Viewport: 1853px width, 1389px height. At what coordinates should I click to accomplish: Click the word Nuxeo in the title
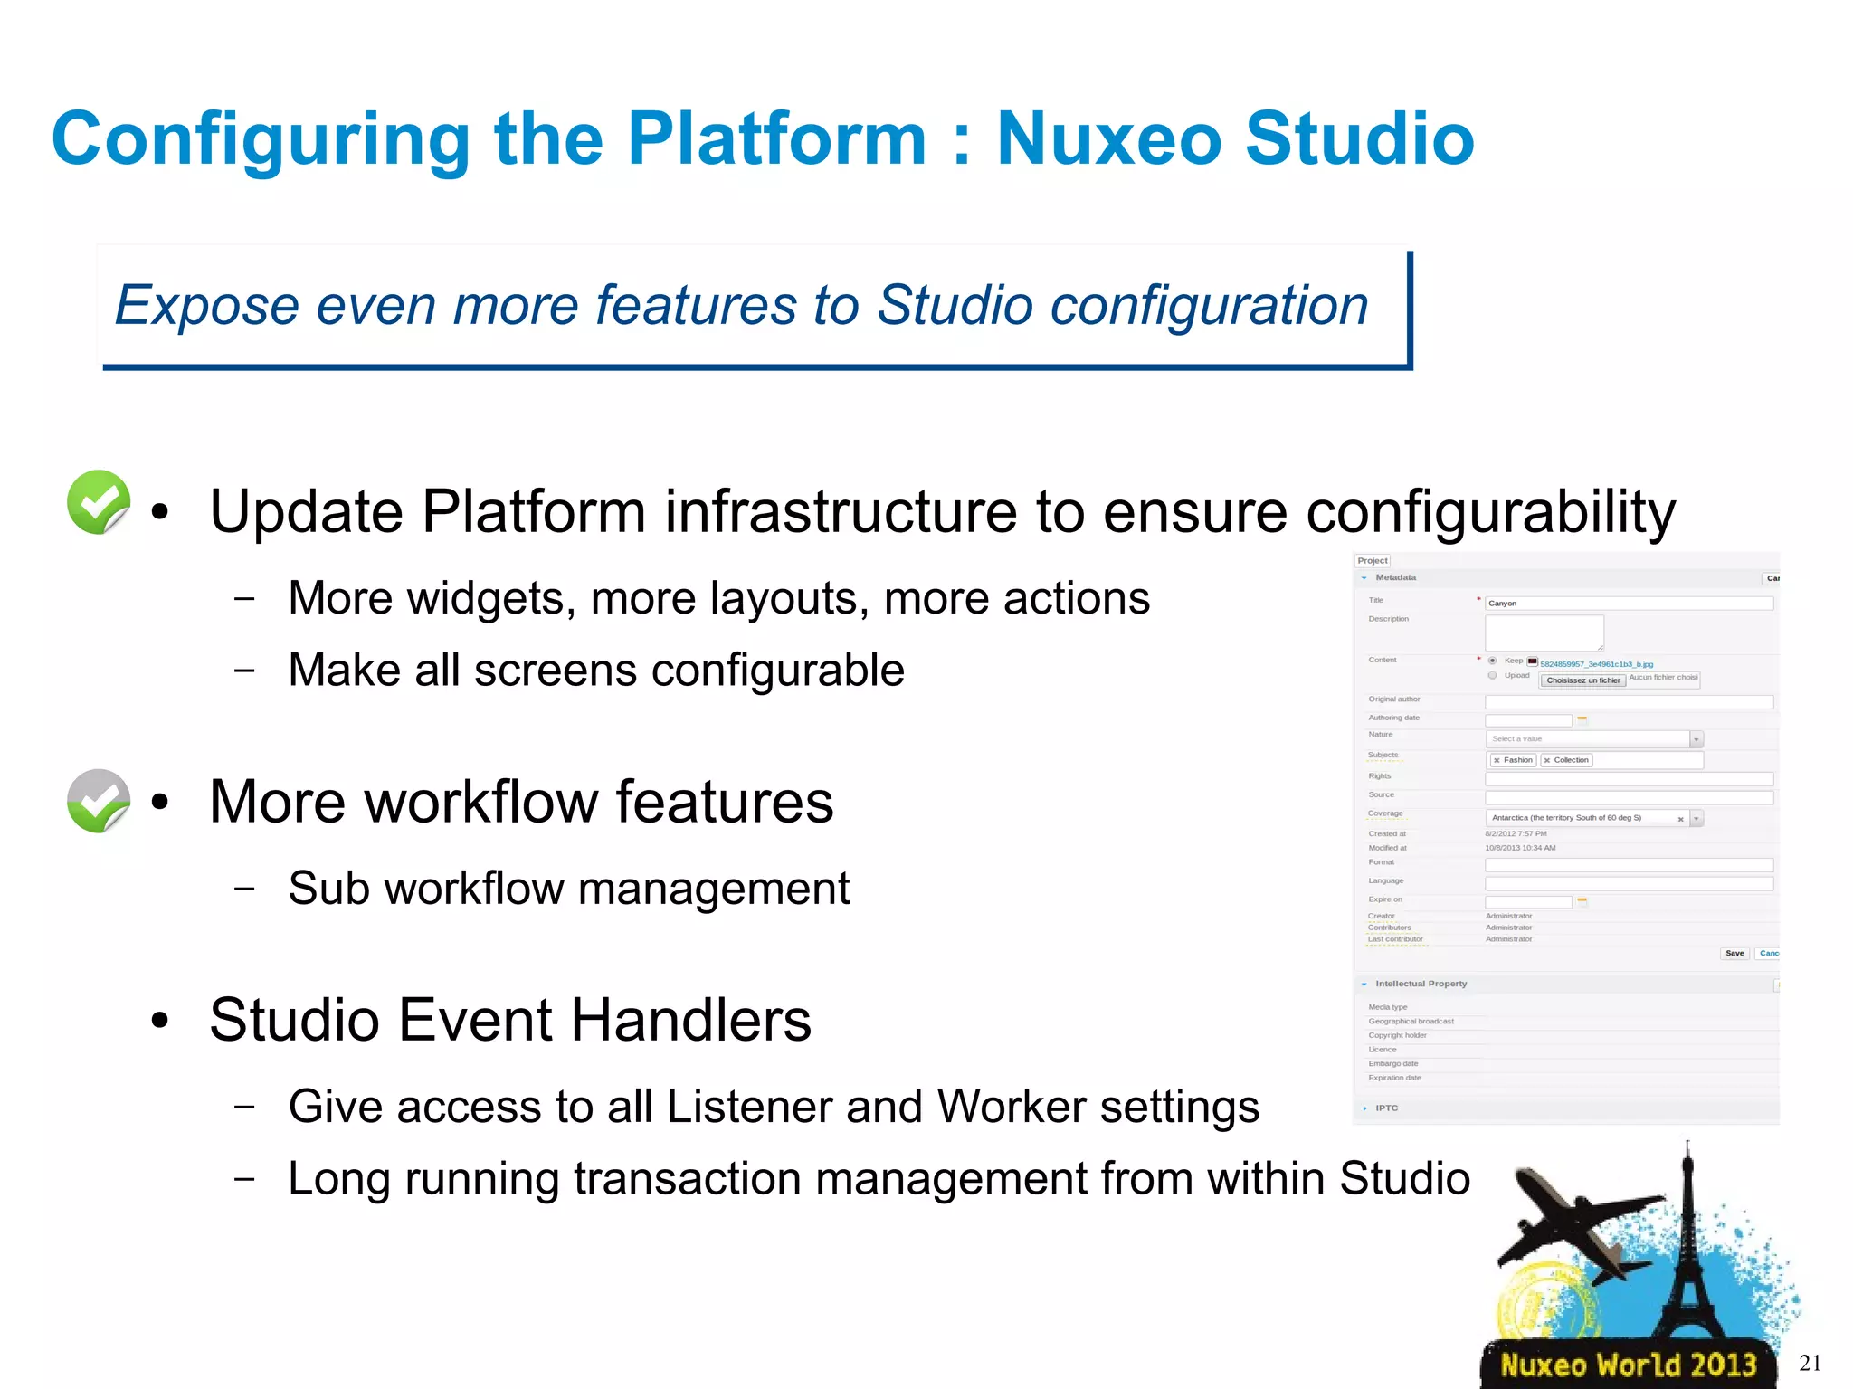point(1108,139)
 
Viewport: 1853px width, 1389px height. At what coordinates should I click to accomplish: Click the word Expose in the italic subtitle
point(206,305)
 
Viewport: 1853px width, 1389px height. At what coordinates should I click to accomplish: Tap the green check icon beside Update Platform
point(99,502)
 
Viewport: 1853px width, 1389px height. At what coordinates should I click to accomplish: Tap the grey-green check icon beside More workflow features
point(99,801)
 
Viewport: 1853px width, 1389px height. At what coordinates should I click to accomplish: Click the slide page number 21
point(1810,1363)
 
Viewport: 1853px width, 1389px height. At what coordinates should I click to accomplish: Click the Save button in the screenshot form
point(1734,953)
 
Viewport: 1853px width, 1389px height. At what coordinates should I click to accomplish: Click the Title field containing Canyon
point(1629,603)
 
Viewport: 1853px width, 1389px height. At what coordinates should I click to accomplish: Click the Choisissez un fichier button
point(1582,680)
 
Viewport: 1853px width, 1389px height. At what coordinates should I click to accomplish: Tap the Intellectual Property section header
point(1421,984)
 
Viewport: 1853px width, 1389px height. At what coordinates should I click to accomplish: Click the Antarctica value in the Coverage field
point(1566,818)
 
